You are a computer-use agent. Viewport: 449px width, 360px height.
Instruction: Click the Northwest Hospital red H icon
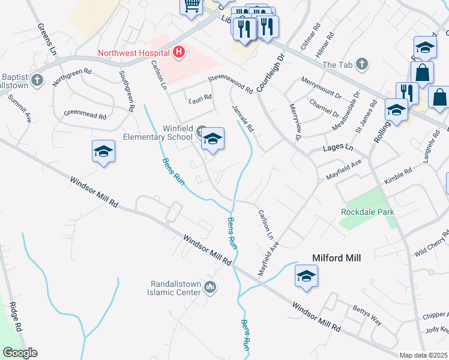pos(178,53)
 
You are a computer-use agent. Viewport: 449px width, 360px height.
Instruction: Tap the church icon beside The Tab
pos(361,64)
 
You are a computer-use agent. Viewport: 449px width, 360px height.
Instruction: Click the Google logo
pos(20,353)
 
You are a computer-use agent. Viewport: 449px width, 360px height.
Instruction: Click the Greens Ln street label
pos(46,40)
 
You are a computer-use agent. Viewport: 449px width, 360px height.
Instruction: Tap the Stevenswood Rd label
pos(230,84)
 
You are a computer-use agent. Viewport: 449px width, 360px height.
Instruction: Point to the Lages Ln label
pos(338,147)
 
